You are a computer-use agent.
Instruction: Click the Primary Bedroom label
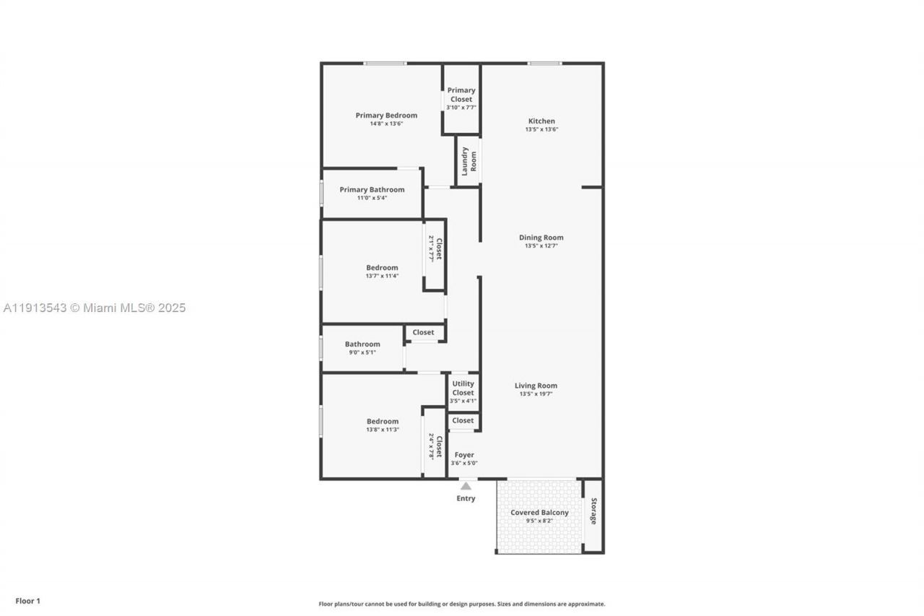[x=386, y=116]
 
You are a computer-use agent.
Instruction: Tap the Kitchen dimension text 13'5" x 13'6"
[x=541, y=130]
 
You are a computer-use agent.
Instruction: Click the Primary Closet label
[x=461, y=95]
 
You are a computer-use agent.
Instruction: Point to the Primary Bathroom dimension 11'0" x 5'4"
[x=372, y=198]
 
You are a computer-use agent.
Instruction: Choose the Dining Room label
[x=541, y=238]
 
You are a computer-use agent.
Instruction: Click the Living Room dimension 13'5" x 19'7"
[x=536, y=394]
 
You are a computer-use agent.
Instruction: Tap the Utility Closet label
[x=463, y=389]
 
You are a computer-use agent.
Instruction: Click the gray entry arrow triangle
[x=466, y=486]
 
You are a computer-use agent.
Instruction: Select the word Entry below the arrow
[x=466, y=498]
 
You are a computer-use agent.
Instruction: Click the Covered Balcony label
[x=539, y=513]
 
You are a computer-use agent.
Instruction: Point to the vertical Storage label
[x=593, y=511]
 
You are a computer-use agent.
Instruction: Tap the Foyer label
[x=464, y=455]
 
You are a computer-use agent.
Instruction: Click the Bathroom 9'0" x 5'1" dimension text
[x=362, y=352]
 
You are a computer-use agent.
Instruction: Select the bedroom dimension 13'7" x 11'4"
[x=382, y=276]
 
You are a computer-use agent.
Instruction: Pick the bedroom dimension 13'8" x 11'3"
[x=382, y=430]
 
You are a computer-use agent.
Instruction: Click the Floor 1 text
[x=28, y=601]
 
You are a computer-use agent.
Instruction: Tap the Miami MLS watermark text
[x=95, y=308]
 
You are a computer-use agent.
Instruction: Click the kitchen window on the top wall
[x=544, y=64]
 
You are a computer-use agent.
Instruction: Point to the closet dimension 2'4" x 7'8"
[x=431, y=446]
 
